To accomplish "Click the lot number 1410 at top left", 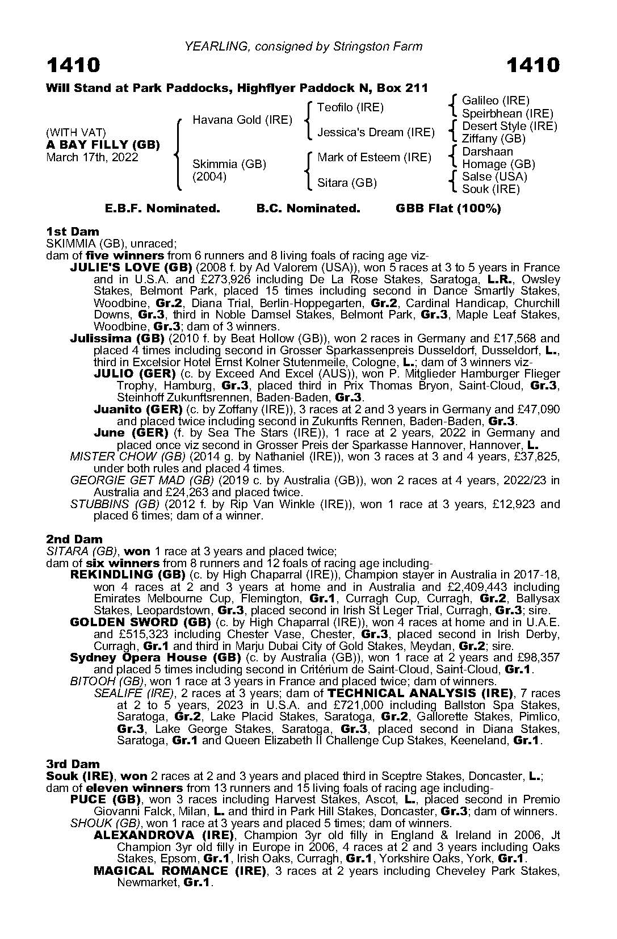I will click(73, 66).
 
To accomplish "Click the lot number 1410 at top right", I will click(532, 66).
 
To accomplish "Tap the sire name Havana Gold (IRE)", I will click(242, 120).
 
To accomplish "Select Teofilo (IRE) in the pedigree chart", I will click(350, 107).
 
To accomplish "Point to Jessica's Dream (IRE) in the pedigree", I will click(376, 132).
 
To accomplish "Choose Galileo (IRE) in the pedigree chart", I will click(496, 100).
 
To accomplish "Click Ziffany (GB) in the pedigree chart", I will click(494, 139).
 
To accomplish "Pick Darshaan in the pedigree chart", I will click(488, 152).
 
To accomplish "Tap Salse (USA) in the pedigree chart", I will click(494, 177).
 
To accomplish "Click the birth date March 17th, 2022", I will click(92, 157).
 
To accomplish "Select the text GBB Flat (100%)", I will click(448, 208).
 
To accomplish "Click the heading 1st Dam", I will click(72, 232).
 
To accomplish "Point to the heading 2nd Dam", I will click(74, 539).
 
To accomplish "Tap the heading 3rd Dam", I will click(73, 764).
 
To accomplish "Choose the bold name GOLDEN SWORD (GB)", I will click(138, 622).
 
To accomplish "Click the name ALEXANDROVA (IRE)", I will click(164, 835).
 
